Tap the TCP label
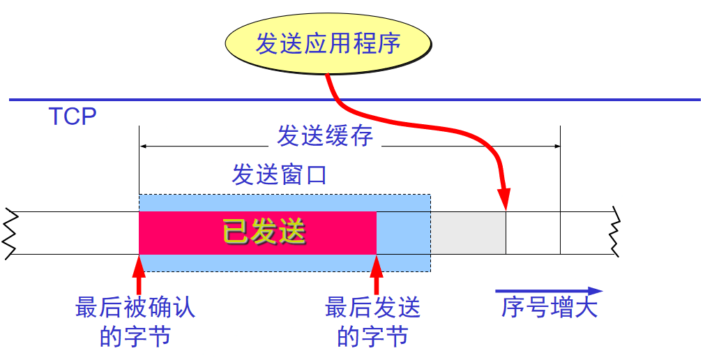72,116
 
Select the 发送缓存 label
324,135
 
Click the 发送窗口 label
279,174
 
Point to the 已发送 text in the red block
264,232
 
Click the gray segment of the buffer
468,233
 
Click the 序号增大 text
550,308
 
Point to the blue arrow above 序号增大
548,291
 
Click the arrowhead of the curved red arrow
505,199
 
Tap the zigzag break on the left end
9,233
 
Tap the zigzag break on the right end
614,233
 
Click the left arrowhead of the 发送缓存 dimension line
144,147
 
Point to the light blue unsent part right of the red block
403,233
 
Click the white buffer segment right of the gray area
533,233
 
